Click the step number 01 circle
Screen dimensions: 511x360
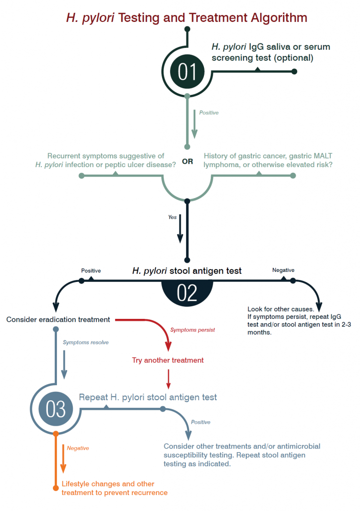(x=187, y=72)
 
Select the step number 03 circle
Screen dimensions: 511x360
(x=55, y=409)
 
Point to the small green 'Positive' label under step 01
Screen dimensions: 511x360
(x=209, y=113)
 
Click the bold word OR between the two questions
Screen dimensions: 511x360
(x=187, y=162)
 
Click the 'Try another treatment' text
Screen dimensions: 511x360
(x=168, y=360)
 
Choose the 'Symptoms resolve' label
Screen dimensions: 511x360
(x=86, y=342)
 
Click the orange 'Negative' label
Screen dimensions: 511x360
(x=78, y=448)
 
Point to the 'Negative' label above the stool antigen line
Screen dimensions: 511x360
(x=283, y=270)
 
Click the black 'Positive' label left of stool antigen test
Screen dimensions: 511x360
(x=91, y=270)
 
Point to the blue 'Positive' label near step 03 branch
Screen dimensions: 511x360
(x=200, y=422)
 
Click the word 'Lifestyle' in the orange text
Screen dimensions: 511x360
(x=76, y=484)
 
